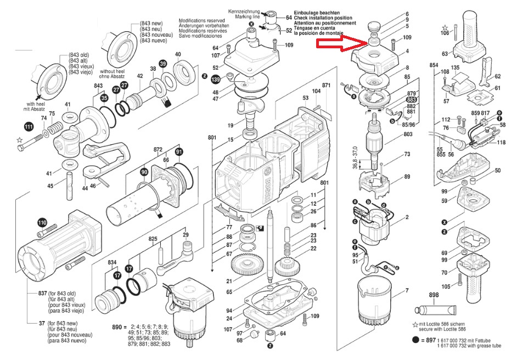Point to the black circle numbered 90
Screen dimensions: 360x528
coord(144,172)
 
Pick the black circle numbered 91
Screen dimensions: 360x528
coord(179,151)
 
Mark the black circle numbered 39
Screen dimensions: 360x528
coord(162,64)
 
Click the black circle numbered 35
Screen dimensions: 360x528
coord(104,98)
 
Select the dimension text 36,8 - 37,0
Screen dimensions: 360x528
coord(355,157)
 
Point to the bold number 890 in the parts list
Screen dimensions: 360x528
coord(116,327)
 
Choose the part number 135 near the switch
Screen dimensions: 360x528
coord(455,68)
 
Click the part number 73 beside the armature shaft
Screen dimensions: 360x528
coord(407,154)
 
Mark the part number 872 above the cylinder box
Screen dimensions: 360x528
coord(159,149)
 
